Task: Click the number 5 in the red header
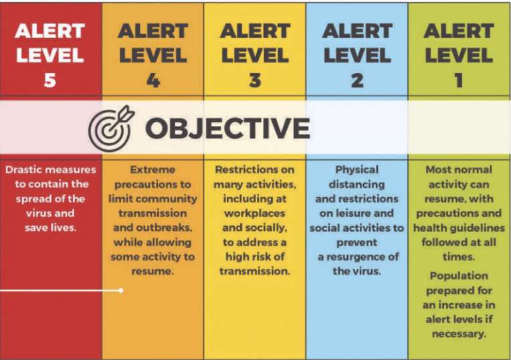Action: tap(50, 80)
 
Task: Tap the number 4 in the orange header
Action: tap(153, 80)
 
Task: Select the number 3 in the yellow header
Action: tap(255, 80)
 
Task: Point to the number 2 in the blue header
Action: tap(357, 80)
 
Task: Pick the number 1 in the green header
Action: tap(459, 80)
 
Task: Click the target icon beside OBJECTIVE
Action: tap(111, 128)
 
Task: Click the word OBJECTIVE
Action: tap(227, 128)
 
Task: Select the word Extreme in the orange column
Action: tap(152, 169)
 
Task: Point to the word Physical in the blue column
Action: tap(357, 170)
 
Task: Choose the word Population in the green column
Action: tap(459, 276)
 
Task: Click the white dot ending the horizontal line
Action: tap(121, 290)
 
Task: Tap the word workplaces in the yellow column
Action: tap(255, 213)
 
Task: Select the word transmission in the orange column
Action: tap(152, 213)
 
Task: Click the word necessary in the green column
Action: tap(458, 334)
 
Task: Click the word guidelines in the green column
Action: tap(482, 228)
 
